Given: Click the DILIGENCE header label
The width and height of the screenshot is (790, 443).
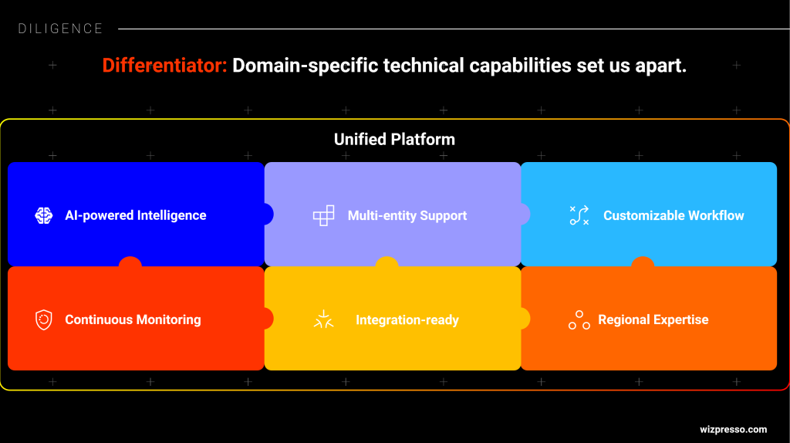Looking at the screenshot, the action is [60, 29].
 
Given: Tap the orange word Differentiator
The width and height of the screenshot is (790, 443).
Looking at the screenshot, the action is [165, 66].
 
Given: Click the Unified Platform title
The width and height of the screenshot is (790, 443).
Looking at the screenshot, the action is [394, 139].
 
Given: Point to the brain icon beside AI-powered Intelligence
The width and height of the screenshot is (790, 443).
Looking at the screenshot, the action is [44, 215].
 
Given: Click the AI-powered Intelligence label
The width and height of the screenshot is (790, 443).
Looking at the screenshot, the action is [136, 215].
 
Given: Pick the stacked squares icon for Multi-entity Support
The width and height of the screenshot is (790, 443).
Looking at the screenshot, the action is [323, 215].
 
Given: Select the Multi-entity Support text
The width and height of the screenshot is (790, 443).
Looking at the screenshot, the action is [407, 215].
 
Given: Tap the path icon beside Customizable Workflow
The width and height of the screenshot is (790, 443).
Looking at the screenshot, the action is [579, 215].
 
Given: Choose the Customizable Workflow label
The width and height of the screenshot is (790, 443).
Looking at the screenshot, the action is [674, 215].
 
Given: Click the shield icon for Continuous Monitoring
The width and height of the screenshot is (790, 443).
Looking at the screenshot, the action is [44, 320].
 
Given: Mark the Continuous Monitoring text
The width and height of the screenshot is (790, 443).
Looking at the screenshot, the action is [133, 320].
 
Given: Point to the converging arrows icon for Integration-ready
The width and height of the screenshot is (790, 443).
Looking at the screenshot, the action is [323, 320].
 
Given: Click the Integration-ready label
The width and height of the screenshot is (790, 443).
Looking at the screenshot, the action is [407, 320].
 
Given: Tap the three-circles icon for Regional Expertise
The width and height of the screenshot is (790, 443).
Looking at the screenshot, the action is [579, 320].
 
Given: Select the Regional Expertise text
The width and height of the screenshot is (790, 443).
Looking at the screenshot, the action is [653, 320].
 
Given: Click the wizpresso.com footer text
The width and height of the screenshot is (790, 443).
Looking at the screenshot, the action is [733, 429].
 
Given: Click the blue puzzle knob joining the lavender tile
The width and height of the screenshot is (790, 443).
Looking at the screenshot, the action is [268, 215].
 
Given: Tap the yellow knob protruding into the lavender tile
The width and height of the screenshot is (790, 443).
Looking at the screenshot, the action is [387, 262].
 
